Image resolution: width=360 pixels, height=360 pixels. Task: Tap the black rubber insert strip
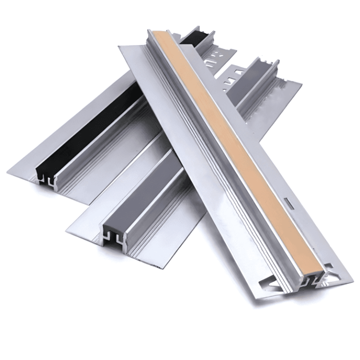pos(89,127)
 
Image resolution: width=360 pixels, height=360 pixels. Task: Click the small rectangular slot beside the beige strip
pos(290,204)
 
